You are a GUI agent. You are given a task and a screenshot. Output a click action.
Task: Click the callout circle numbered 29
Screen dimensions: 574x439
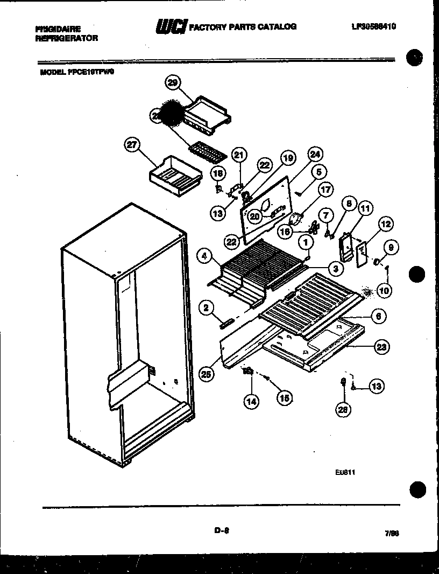coord(172,83)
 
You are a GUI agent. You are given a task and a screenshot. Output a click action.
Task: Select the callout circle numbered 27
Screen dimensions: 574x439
coord(132,144)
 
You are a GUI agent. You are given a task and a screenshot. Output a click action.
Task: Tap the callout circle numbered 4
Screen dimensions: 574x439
coord(204,256)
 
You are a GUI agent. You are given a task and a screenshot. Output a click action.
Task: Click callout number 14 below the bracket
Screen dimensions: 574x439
coord(251,401)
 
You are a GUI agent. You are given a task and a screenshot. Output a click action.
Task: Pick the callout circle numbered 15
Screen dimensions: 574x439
coord(285,398)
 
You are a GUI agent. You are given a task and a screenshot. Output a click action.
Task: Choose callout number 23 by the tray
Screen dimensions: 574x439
coord(381,347)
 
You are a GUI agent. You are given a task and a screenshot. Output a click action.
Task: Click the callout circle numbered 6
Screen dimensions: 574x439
coord(378,317)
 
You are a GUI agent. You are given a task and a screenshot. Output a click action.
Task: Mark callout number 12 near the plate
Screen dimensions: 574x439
coord(386,223)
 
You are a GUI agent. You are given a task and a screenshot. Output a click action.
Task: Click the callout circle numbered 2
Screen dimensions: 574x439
coord(204,307)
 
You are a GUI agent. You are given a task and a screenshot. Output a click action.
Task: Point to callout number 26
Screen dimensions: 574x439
coord(343,410)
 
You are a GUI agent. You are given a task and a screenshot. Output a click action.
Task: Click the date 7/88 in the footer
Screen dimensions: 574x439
coord(392,534)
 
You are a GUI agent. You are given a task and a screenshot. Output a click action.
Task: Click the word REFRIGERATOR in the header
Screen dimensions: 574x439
coord(66,39)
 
